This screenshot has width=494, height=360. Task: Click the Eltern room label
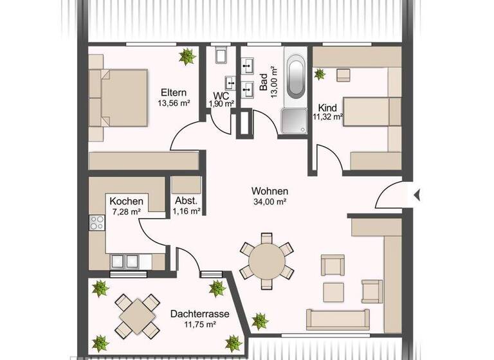[x=173, y=91]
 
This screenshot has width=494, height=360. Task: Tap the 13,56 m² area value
[x=173, y=102]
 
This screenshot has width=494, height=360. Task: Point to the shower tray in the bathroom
[x=294, y=120]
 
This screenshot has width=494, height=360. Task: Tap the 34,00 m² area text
[x=270, y=202]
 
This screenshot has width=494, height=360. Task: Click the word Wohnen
[x=270, y=191]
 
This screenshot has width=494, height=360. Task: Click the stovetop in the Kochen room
[x=97, y=224]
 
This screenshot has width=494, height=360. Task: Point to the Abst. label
[x=187, y=200]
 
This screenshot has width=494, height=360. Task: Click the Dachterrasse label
[x=192, y=314]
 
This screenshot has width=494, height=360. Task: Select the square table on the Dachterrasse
[x=138, y=316]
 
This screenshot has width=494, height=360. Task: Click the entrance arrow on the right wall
[x=417, y=193]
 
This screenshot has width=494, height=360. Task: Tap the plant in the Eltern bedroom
[x=187, y=57]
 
